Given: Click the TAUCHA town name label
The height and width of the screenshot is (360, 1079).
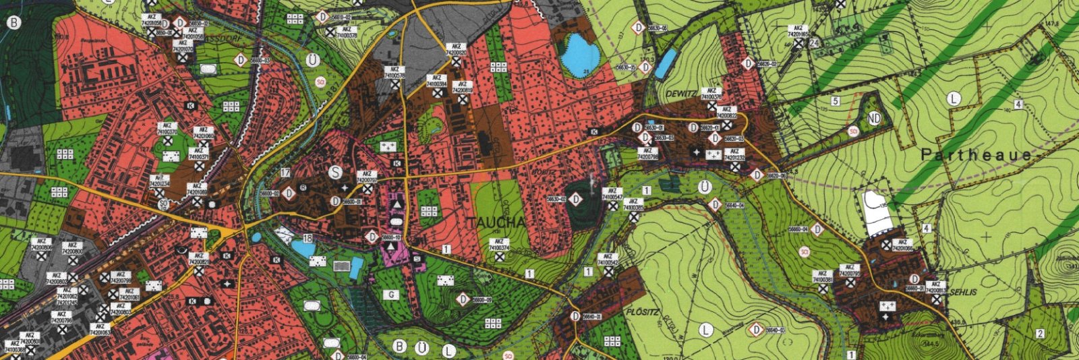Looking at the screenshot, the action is pos(494,223).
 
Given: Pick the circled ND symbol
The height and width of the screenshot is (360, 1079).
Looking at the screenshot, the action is pos(875,119).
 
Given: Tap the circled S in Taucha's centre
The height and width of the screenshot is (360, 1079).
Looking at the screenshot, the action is pos(335,172).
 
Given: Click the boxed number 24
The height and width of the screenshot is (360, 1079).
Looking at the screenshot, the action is pos(815,43).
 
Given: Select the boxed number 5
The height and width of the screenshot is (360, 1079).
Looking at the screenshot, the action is pos(835,101).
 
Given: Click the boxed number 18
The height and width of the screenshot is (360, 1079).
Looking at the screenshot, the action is pos(308,239).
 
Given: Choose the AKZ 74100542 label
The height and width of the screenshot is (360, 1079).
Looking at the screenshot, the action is pos(608,260).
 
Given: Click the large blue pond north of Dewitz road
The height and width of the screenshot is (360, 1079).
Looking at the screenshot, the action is pos(581,53).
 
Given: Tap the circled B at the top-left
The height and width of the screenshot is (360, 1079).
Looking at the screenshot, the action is pos(13,22).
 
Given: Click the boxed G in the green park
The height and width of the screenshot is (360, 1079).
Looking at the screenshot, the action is pos(390,295).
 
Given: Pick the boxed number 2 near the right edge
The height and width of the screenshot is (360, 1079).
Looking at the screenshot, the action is pos(1040,334).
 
